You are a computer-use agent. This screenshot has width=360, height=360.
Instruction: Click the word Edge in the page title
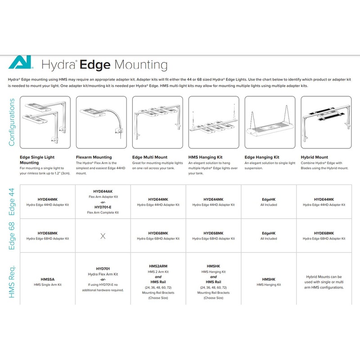click(x=95, y=64)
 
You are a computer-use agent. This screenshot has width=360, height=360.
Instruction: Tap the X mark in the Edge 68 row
click(x=103, y=236)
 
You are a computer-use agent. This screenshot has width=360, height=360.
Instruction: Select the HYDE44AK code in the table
click(x=103, y=192)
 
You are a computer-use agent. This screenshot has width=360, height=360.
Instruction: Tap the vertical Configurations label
click(x=12, y=122)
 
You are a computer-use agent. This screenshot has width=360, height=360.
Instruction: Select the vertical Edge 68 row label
click(x=12, y=235)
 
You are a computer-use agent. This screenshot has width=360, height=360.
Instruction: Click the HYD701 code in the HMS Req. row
click(x=103, y=269)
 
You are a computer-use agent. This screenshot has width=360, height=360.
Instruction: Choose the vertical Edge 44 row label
click(x=12, y=201)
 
